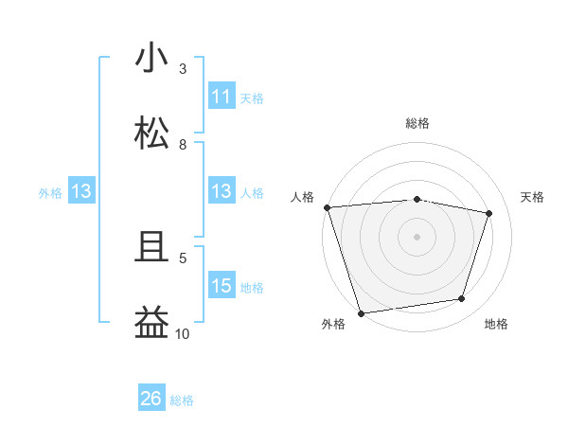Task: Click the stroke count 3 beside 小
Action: click(183, 69)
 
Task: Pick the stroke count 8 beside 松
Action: click(183, 145)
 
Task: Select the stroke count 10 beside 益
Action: click(183, 333)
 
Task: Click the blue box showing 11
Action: click(222, 97)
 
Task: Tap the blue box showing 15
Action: click(222, 286)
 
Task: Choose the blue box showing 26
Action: click(151, 400)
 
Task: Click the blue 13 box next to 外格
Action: click(81, 192)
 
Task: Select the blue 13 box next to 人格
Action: click(222, 192)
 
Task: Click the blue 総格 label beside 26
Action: click(182, 400)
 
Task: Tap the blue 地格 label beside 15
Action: click(252, 287)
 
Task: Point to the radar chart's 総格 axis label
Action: click(417, 123)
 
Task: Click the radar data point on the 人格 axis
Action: click(327, 207)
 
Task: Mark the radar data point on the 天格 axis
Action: click(489, 213)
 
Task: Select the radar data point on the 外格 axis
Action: click(361, 312)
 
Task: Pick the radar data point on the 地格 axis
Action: click(462, 299)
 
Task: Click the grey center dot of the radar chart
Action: click(417, 237)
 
